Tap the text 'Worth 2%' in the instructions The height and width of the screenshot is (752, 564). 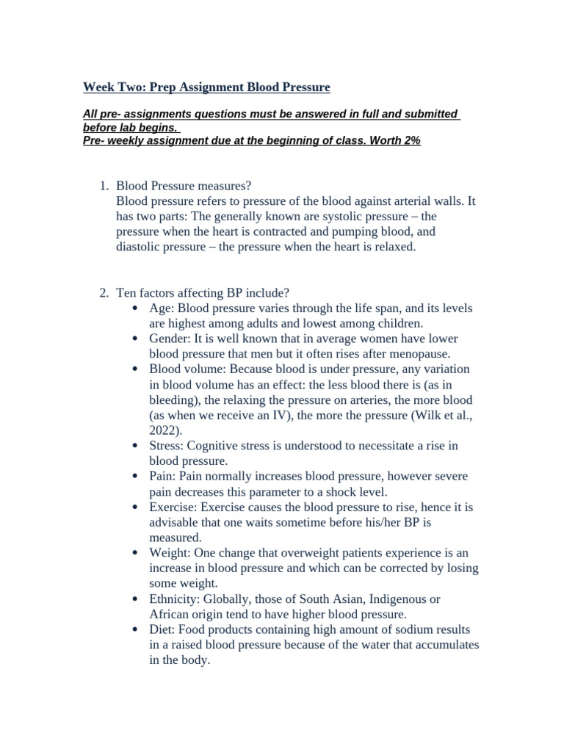tap(396, 140)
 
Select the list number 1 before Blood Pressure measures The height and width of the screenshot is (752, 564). tap(103, 185)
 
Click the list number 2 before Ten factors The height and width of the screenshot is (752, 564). tap(103, 293)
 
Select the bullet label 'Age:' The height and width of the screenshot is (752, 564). tap(162, 308)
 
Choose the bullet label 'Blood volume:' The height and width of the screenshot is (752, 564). tap(184, 369)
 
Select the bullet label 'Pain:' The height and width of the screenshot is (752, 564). tap(163, 477)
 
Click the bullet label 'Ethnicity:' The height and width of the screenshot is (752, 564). tap(178, 599)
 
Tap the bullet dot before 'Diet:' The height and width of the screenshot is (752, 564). tap(135, 630)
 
